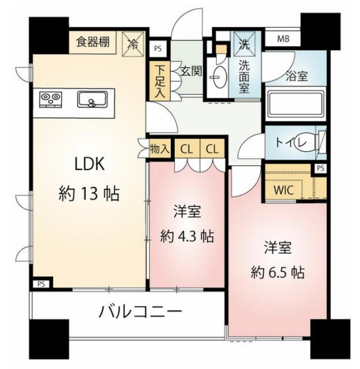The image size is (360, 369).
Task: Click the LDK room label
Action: click(x=91, y=164)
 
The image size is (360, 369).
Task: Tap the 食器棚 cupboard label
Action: click(x=93, y=42)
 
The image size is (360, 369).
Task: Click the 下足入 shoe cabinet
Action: click(x=158, y=81)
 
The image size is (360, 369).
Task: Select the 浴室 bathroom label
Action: click(x=297, y=76)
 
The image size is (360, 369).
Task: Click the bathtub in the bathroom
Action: click(x=295, y=105)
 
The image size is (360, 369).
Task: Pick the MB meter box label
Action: click(x=283, y=39)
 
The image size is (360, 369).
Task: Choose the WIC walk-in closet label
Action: click(x=283, y=189)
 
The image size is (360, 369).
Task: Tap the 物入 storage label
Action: click(x=159, y=149)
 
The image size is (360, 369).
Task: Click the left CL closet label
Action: click(x=186, y=149)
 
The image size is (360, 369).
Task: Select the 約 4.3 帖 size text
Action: click(x=187, y=237)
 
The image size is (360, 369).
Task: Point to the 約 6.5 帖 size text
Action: click(x=277, y=272)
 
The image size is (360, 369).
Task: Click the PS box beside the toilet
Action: click(x=321, y=168)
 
